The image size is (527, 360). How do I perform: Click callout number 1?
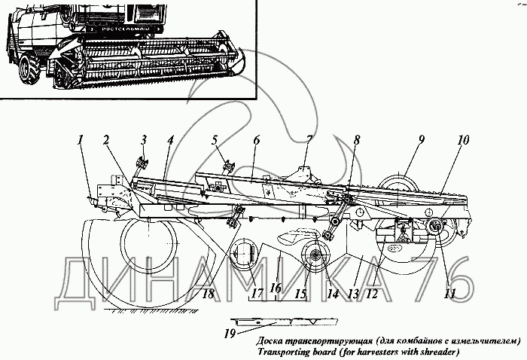pyautogui.click(x=81, y=139)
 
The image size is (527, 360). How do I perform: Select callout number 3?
pyautogui.click(x=143, y=139)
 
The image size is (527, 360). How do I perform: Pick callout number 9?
pyautogui.click(x=422, y=139)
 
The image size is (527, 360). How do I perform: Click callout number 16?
pyautogui.click(x=277, y=288)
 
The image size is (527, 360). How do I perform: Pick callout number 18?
pyautogui.click(x=207, y=294)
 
